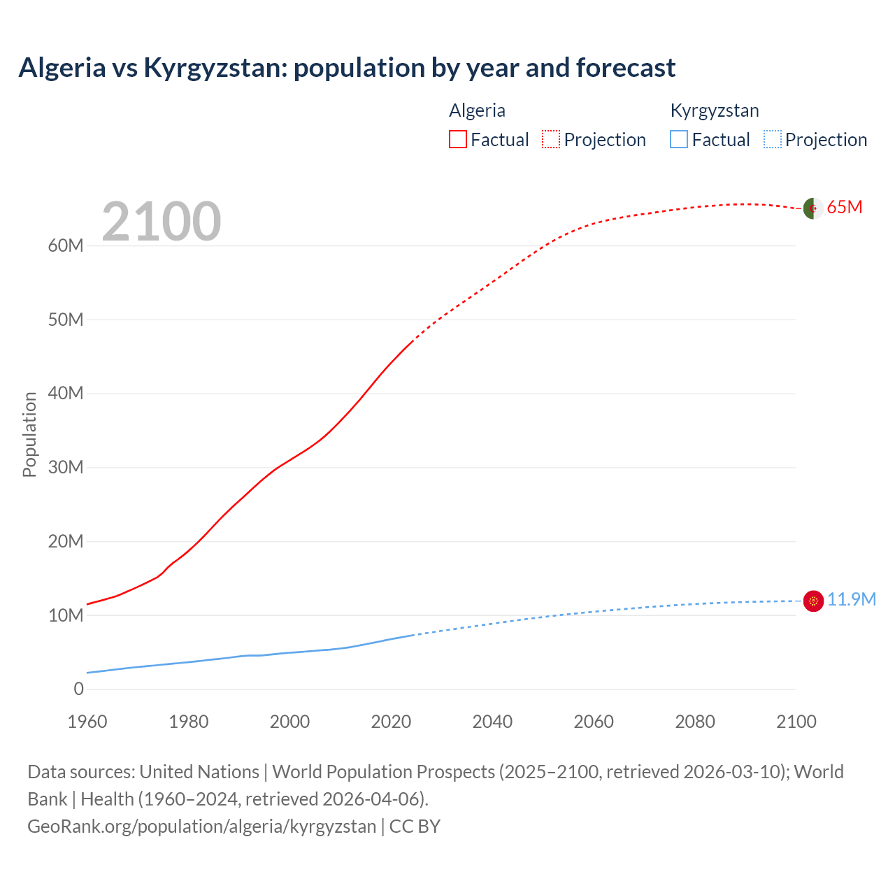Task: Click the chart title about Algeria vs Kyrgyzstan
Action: (x=347, y=68)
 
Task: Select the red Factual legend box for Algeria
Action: (x=457, y=139)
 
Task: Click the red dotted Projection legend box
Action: (x=550, y=139)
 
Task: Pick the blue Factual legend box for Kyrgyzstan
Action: (x=678, y=139)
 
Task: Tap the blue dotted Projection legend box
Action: (x=772, y=139)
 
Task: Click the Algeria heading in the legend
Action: (x=477, y=110)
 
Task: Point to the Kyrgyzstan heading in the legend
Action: (x=714, y=110)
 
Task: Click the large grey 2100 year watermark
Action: (x=162, y=222)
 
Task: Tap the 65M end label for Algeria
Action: (x=844, y=207)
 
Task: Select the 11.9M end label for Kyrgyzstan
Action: (x=851, y=599)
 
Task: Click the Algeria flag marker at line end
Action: (x=812, y=208)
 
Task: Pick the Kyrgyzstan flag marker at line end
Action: (x=813, y=601)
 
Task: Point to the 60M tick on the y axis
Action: (x=66, y=245)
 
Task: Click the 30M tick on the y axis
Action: (x=66, y=467)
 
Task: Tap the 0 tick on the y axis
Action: (x=78, y=689)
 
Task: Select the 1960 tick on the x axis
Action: (x=87, y=722)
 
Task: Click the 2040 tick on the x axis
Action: (x=492, y=722)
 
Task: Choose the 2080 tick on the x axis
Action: (x=695, y=722)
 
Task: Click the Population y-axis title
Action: (x=29, y=434)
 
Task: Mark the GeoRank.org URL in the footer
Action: (x=201, y=826)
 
